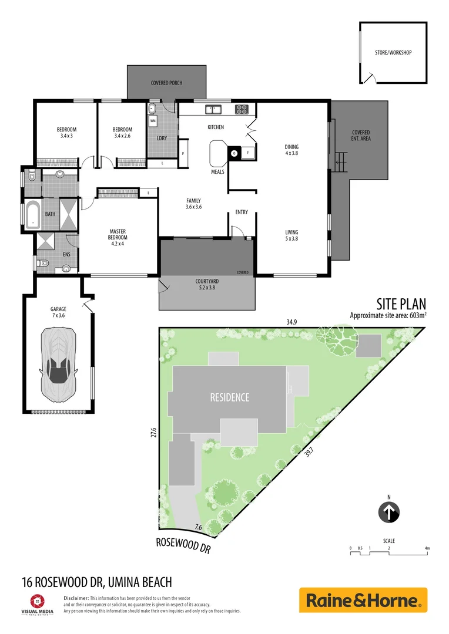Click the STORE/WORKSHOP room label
(393, 53)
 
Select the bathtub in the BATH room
(33, 214)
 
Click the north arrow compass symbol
(388, 512)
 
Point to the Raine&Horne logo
(363, 601)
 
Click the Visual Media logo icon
(36, 601)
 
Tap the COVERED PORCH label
(167, 83)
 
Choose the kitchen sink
(213, 109)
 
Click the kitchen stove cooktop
(242, 109)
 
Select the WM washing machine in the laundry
(153, 121)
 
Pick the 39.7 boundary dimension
(309, 454)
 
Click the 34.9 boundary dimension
(290, 322)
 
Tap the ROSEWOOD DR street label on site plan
(183, 545)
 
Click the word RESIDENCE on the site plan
(230, 397)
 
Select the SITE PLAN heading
(401, 303)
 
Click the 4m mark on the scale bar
(427, 548)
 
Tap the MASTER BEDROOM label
(118, 234)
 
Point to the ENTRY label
(242, 213)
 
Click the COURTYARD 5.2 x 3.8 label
(207, 285)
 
